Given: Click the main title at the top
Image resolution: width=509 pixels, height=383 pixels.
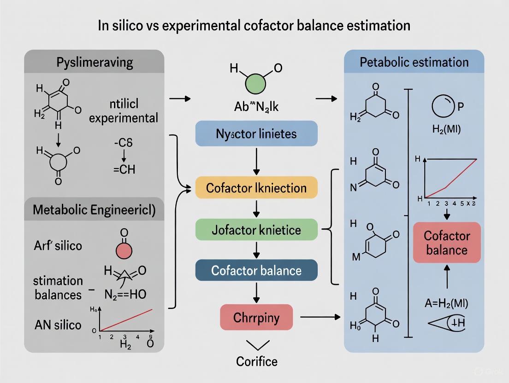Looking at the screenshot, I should tap(254, 25).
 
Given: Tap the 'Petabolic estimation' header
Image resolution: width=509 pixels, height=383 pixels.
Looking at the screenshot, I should tap(414, 62).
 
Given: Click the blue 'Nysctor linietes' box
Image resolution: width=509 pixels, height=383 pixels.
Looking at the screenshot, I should tap(257, 134).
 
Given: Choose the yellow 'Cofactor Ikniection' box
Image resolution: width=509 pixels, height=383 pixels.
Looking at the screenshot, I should tap(257, 187).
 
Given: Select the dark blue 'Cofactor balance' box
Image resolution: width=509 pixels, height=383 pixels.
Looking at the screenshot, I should tap(257, 270).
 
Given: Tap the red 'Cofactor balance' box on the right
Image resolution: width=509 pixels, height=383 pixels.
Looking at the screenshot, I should tap(446, 243).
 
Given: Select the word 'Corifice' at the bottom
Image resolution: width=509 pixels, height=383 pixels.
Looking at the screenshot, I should tap(257, 361).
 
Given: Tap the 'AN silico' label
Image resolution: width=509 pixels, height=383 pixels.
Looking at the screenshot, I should tap(57, 325).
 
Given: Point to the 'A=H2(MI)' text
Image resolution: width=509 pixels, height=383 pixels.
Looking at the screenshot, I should tap(445, 303).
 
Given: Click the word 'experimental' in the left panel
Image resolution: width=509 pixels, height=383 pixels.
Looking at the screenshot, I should tap(123, 118).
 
